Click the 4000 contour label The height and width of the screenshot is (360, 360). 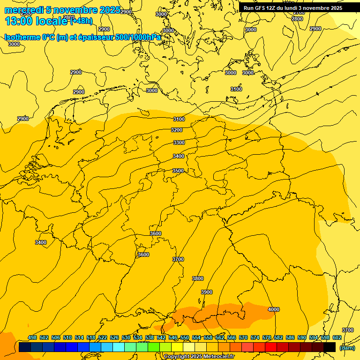pos(273,309)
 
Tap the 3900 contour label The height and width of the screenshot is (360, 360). pos(207,292)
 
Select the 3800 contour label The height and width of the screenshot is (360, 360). pos(198,278)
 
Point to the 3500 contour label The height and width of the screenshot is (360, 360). pos(178,171)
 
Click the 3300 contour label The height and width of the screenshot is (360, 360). pos(179,142)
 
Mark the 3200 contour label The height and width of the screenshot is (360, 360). pos(177,130)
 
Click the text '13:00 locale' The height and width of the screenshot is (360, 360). pos(36,21)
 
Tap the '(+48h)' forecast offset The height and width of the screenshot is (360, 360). pos(82,21)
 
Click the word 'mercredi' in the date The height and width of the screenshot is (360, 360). pos(23,10)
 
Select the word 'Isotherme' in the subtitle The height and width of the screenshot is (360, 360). pos(22,37)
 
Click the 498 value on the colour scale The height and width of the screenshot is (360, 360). pos(32,337)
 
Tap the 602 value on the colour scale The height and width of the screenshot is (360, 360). pos(337,337)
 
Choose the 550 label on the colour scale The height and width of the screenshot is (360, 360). pos(185,337)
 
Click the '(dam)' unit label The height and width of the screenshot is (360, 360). pos(347,347)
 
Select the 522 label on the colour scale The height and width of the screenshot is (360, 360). pos(103,337)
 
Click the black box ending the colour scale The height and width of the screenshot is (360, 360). pos(330,347)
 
